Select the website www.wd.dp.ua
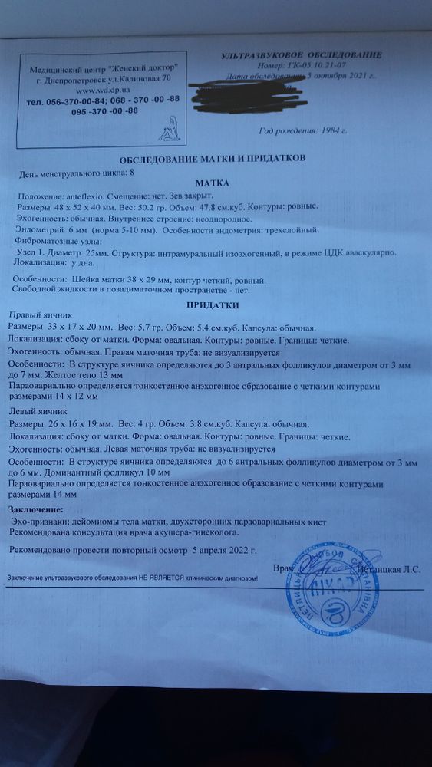click(110, 90)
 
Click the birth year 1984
click(332, 132)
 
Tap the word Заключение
click(36, 510)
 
